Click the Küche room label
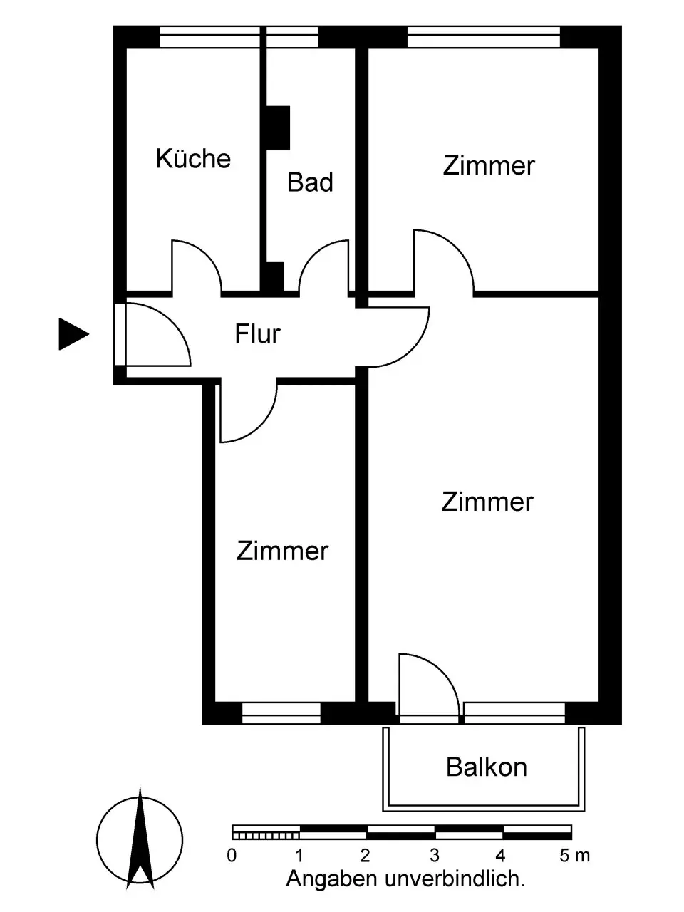[x=193, y=158]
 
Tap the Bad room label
[x=310, y=182]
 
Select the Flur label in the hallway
[x=257, y=333]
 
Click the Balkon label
[x=487, y=767]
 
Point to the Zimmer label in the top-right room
[x=488, y=165]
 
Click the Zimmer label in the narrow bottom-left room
[x=282, y=551]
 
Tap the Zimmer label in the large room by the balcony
[x=487, y=502]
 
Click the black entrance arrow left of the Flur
[x=73, y=333]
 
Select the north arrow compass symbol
[x=140, y=838]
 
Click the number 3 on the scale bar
[x=434, y=856]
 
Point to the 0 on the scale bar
[x=232, y=856]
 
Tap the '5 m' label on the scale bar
[x=575, y=856]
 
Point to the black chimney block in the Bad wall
[x=278, y=128]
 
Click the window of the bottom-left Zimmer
[x=281, y=712]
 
